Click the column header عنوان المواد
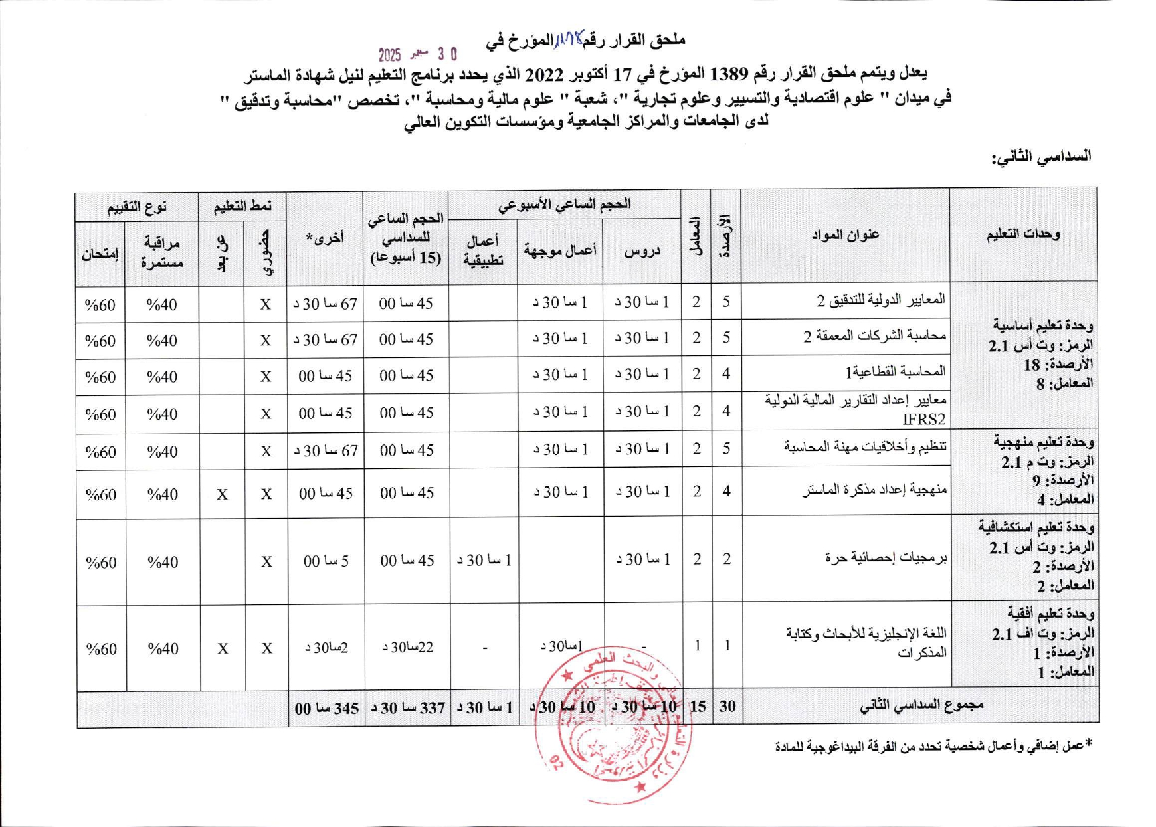[845, 234]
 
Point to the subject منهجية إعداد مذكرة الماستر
[874, 490]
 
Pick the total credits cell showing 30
[727, 706]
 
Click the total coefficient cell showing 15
[697, 706]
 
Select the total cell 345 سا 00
[326, 708]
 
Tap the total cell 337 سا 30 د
[407, 707]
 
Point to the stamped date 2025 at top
[390, 54]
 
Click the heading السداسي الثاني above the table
[1041, 157]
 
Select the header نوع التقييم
[137, 207]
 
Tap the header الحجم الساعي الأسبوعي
[565, 204]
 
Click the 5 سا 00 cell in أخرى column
[326, 561]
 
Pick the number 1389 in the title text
[729, 73]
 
